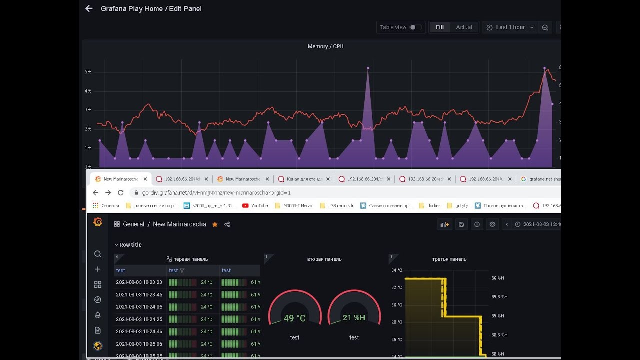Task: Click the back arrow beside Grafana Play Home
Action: click(89, 8)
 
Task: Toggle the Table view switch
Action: click(414, 27)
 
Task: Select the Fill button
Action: click(440, 27)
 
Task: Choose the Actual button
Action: click(464, 27)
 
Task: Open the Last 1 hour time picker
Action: click(510, 27)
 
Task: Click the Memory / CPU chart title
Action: click(325, 46)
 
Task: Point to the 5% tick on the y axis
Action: click(88, 72)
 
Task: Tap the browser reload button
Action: click(120, 193)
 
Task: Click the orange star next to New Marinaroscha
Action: click(215, 225)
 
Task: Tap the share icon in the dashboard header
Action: click(227, 225)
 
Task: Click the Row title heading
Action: click(130, 245)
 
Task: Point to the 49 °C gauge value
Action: click(295, 318)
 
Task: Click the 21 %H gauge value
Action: click(354, 318)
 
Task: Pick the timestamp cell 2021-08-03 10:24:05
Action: click(139, 307)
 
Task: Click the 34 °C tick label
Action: click(396, 270)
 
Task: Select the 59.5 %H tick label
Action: click(499, 297)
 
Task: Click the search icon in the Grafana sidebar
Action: click(98, 254)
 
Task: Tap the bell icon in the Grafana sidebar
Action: click(98, 315)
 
